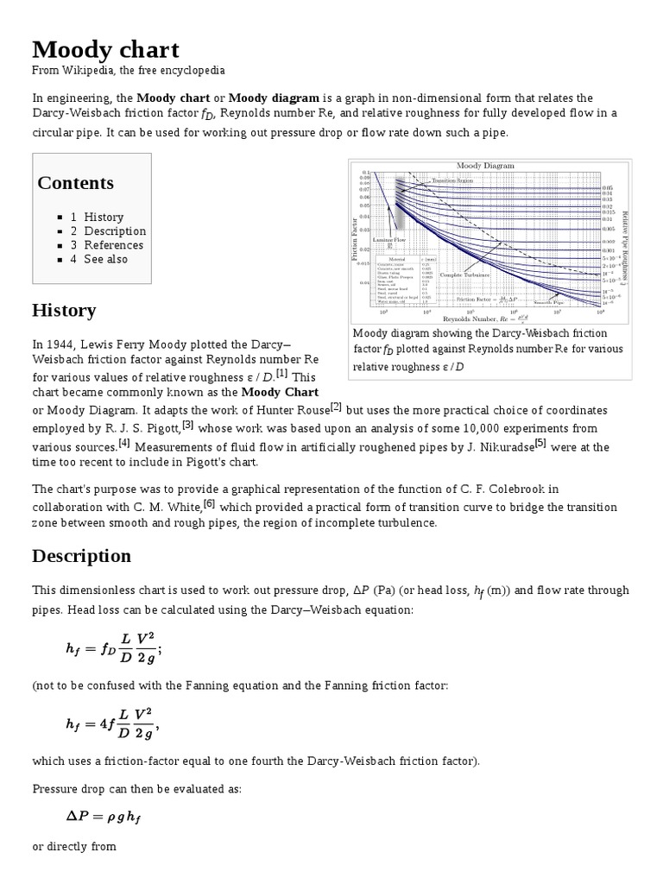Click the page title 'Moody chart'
point(105,48)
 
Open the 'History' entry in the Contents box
point(104,217)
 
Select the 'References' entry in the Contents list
point(113,244)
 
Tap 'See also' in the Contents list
point(105,258)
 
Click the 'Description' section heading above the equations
point(81,555)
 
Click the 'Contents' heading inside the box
point(75,183)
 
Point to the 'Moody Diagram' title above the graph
point(485,165)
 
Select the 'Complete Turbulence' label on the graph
point(464,275)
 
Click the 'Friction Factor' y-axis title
point(354,239)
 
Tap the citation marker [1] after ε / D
point(281,373)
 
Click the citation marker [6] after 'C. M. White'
point(209,504)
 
